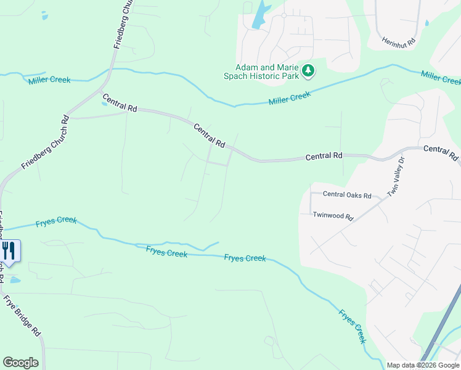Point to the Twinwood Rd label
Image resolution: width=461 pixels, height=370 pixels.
point(333,216)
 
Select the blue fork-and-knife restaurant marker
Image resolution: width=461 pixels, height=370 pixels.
point(9,250)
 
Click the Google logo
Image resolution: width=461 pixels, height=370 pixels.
point(20,363)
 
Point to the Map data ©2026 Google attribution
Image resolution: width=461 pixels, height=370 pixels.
point(423,365)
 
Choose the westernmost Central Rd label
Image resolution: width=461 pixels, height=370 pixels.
point(120,103)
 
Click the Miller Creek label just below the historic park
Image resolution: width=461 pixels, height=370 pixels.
point(290,97)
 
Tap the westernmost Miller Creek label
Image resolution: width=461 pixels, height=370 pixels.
point(49,80)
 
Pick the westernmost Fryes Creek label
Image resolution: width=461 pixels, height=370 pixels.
point(56,221)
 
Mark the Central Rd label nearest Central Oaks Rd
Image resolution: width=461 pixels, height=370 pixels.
point(324,157)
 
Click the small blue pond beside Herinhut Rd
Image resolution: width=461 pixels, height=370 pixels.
point(427,23)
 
